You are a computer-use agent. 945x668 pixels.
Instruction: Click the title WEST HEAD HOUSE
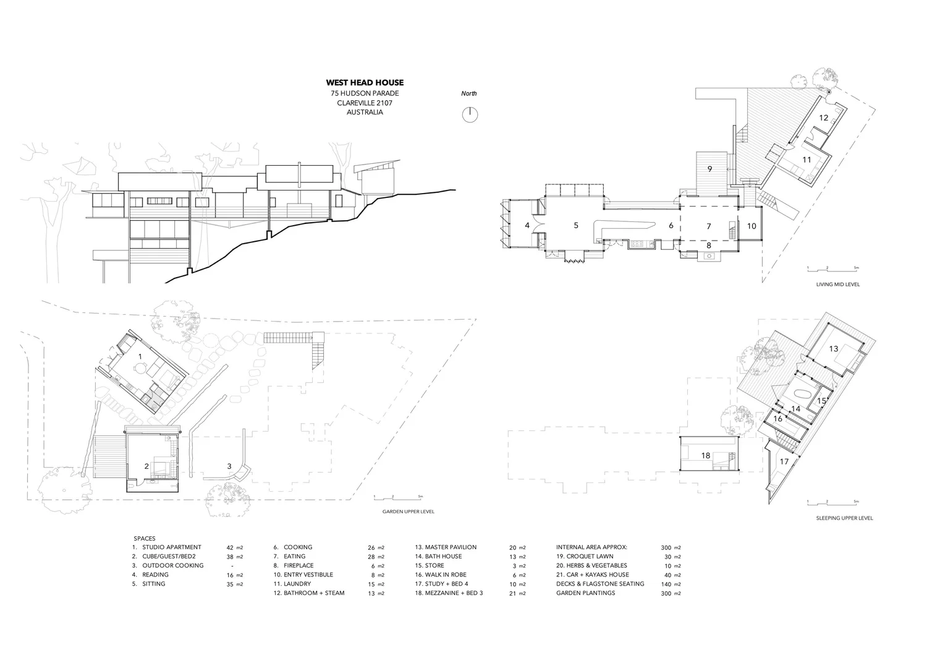pyautogui.click(x=365, y=82)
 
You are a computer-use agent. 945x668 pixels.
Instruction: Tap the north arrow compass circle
pyautogui.click(x=470, y=114)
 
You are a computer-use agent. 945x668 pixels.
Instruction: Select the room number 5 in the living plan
pyautogui.click(x=576, y=226)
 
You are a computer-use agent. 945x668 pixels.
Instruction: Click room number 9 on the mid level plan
pyautogui.click(x=710, y=168)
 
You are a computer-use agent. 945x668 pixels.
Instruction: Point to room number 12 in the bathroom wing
pyautogui.click(x=824, y=118)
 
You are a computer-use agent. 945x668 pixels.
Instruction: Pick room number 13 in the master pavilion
pyautogui.click(x=834, y=349)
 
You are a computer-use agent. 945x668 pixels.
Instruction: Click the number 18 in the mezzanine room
pyautogui.click(x=706, y=456)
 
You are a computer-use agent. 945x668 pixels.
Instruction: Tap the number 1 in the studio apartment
pyautogui.click(x=140, y=357)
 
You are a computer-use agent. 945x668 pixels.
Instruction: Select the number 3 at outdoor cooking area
pyautogui.click(x=229, y=466)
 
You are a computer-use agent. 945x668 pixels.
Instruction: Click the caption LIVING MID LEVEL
pyautogui.click(x=837, y=285)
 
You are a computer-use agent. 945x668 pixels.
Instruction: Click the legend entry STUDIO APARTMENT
pyautogui.click(x=171, y=547)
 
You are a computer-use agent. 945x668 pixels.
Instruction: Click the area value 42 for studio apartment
pyautogui.click(x=230, y=547)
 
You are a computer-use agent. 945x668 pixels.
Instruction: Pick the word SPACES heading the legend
pyautogui.click(x=145, y=539)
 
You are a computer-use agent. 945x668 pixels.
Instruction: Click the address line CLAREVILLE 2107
pyautogui.click(x=365, y=103)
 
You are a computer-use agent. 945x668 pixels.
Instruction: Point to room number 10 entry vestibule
pyautogui.click(x=752, y=226)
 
